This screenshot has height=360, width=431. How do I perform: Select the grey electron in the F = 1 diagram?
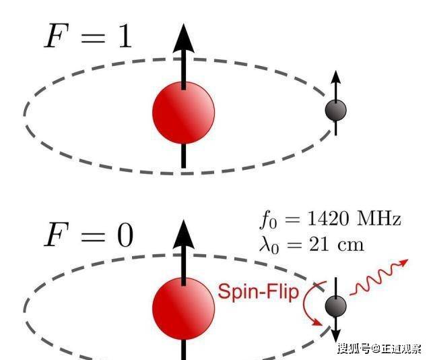pos(335,110)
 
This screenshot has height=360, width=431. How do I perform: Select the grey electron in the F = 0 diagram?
pos(335,305)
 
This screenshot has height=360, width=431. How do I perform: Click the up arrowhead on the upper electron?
pos(335,79)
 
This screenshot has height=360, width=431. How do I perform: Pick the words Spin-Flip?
pos(257,293)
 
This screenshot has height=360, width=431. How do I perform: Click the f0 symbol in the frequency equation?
pos(267,220)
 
